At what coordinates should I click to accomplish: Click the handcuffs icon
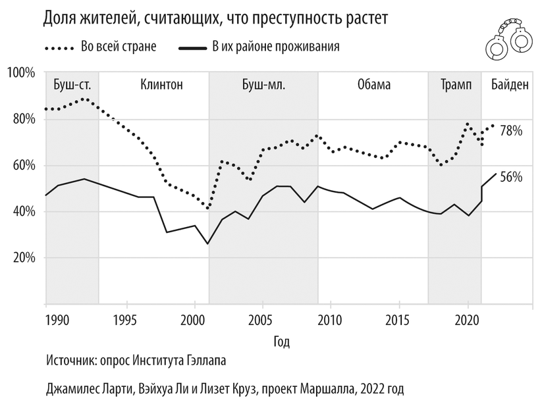508,41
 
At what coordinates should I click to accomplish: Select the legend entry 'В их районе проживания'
275,47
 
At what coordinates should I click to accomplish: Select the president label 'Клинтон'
161,85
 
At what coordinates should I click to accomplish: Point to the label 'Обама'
374,85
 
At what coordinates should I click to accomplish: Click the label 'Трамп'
455,85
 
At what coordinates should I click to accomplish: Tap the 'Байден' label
510,85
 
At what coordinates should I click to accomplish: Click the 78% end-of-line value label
511,131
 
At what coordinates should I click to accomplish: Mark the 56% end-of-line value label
511,177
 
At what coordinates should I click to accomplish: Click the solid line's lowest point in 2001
208,243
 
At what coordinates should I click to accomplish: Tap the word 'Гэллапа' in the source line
211,361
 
